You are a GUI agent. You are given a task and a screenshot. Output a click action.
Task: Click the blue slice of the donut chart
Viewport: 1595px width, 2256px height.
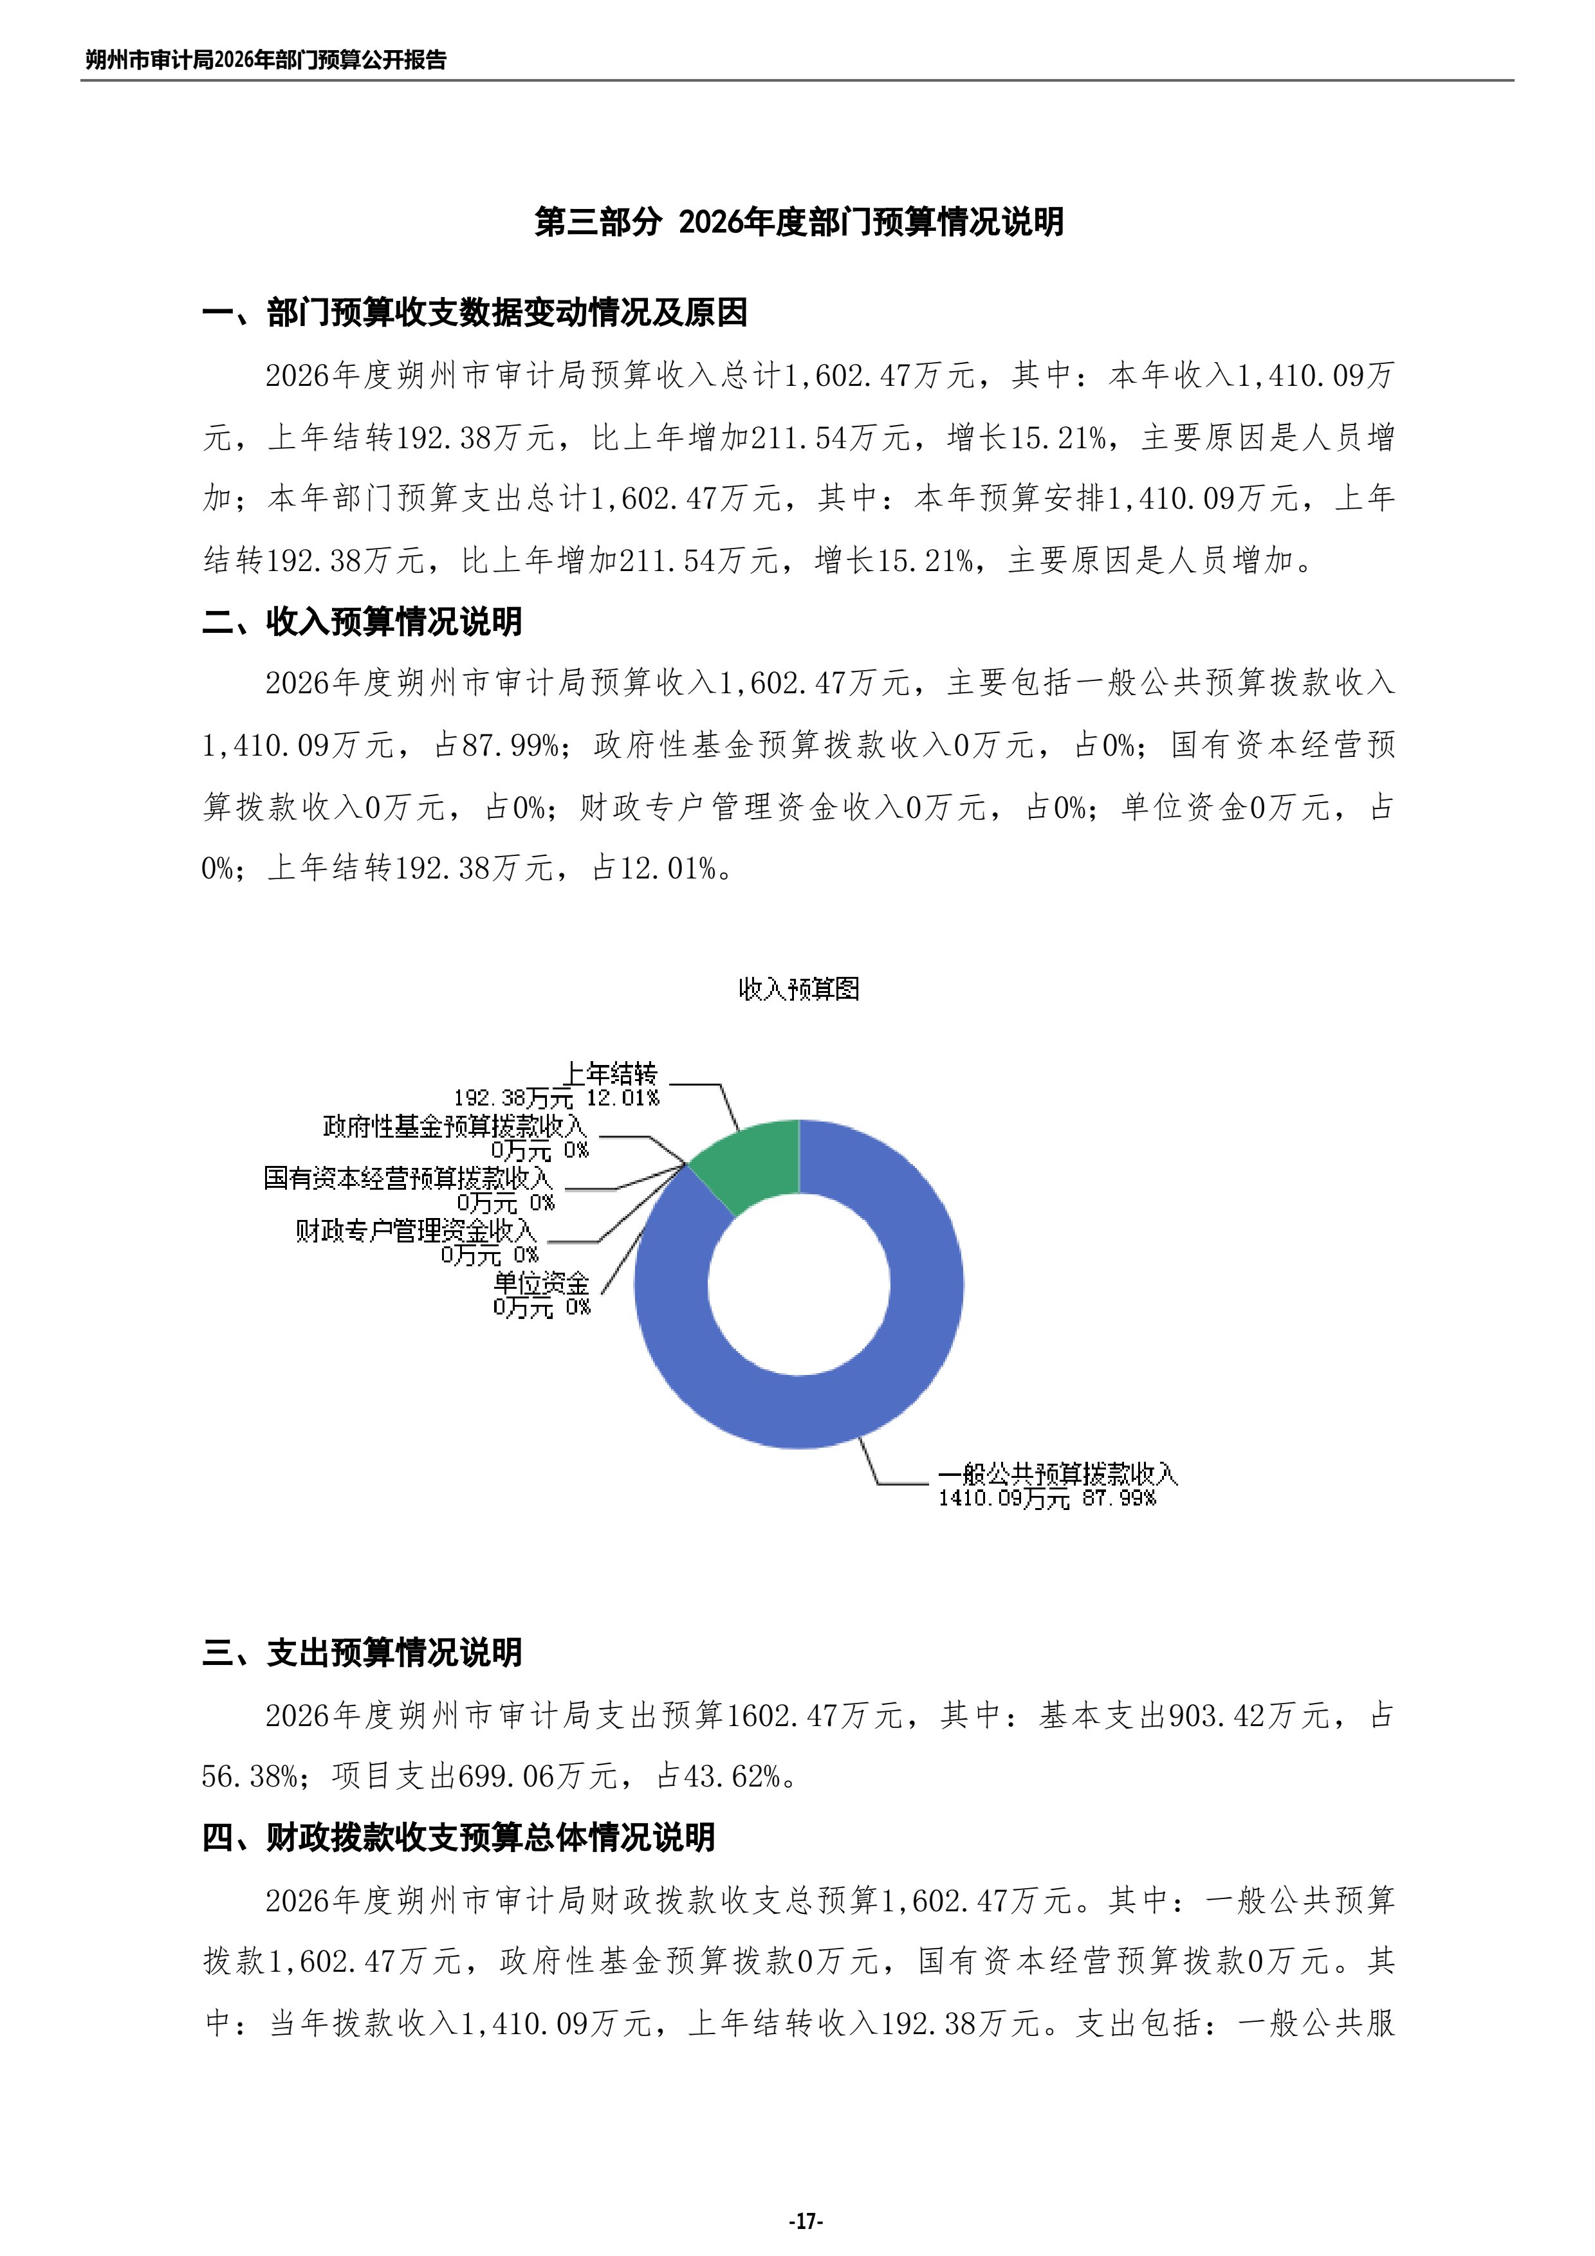885,1376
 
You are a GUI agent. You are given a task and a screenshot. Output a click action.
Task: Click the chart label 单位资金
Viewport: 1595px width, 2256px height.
540,1283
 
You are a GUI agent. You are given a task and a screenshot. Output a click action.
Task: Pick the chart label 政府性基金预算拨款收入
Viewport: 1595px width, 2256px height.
455,1126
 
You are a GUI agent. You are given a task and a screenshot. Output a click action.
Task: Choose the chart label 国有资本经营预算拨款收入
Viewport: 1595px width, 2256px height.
408,1178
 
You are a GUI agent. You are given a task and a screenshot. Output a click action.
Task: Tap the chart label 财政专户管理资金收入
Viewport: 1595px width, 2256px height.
416,1230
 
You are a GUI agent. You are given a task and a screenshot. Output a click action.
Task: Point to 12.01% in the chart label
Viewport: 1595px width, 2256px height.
623,1098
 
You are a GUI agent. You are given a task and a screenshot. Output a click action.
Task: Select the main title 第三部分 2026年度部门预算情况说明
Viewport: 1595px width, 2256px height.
798,222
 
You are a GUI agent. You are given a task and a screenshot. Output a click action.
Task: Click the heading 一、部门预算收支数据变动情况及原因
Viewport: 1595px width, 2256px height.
475,313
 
